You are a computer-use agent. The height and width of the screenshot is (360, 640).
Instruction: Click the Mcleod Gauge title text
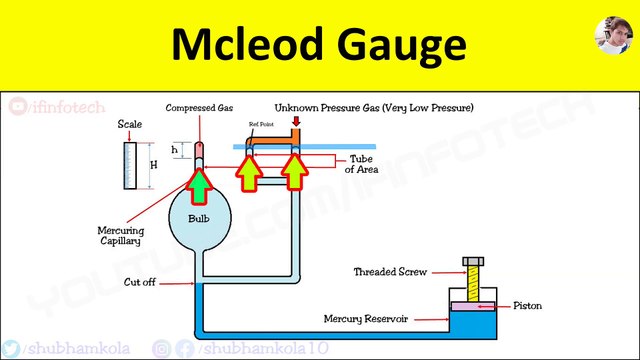click(317, 45)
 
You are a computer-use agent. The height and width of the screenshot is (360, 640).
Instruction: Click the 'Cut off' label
click(152, 283)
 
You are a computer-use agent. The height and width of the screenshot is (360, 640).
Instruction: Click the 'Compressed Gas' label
click(199, 108)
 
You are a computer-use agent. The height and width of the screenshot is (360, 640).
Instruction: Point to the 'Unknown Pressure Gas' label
click(374, 107)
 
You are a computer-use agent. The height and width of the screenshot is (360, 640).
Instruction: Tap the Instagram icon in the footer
click(161, 347)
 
